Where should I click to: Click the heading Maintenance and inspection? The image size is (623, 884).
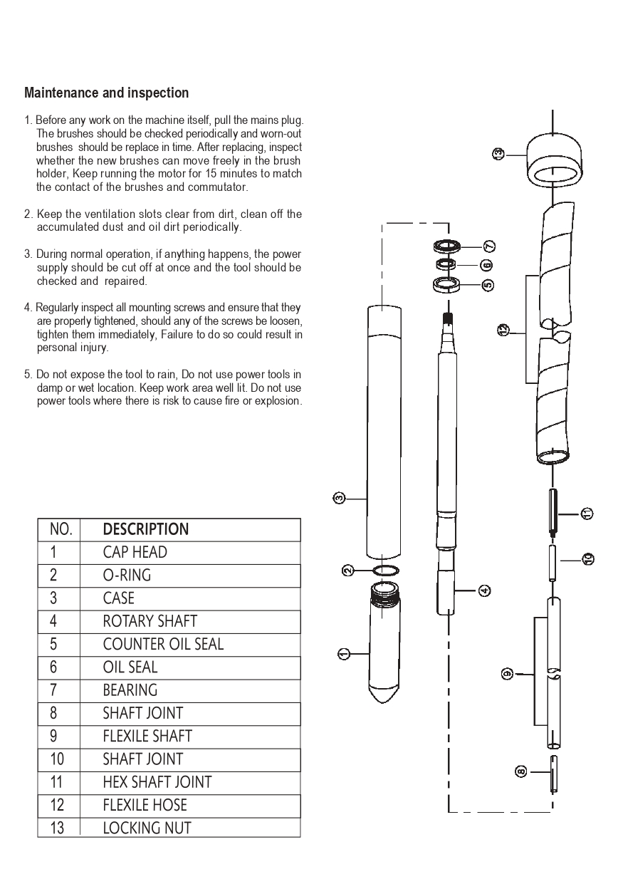point(107,93)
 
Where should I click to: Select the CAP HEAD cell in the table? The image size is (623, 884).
point(135,553)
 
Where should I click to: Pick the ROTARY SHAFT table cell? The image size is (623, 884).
point(150,621)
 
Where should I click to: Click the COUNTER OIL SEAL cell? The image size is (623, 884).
point(163,644)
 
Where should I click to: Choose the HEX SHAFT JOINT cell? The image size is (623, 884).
point(157,782)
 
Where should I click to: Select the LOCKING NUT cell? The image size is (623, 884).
point(147,828)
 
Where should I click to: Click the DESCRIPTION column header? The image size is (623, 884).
point(146,529)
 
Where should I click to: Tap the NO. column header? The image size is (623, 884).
point(61,529)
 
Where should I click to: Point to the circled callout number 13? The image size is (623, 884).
point(498,152)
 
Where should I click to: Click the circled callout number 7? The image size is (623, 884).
point(489,246)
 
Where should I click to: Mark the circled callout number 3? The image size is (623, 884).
point(340,497)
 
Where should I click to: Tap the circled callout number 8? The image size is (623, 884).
point(521,771)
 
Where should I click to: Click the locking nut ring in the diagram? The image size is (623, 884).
point(552,161)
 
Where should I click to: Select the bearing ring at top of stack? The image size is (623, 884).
point(448,246)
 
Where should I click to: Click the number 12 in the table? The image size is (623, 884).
point(57,805)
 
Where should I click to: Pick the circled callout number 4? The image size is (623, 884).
point(484,590)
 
